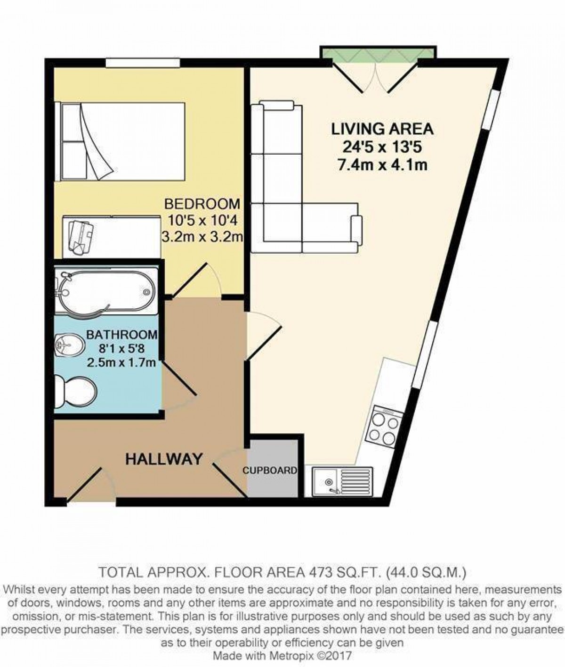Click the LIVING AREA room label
[x=382, y=129]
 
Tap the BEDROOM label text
[x=202, y=204]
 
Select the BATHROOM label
[x=122, y=335]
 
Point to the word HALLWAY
[x=164, y=459]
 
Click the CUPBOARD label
[x=270, y=470]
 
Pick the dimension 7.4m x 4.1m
[x=382, y=165]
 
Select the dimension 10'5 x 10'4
[x=202, y=221]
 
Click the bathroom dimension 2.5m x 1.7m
[x=121, y=362]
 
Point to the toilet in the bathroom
[x=75, y=391]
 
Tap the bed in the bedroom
[x=120, y=141]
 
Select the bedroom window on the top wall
[x=143, y=63]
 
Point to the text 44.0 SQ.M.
[x=428, y=572]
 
